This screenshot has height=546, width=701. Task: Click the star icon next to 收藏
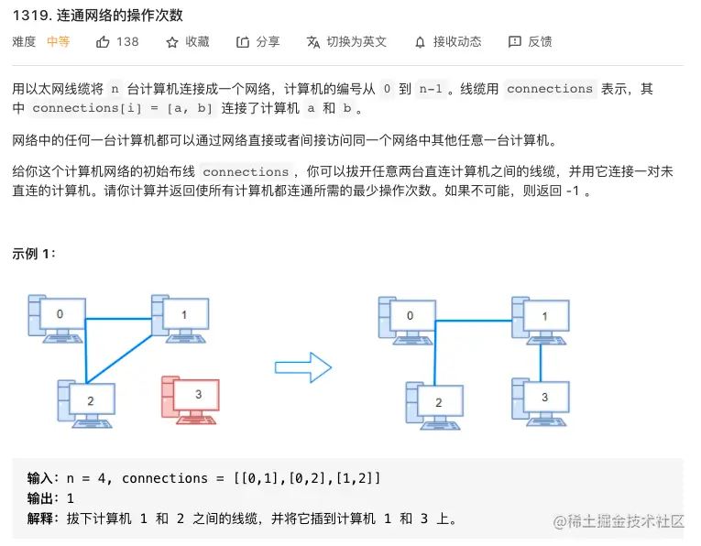(172, 42)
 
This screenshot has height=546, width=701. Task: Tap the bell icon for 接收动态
(420, 42)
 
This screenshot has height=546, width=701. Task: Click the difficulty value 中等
(58, 42)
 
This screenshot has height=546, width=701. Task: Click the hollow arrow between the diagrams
(303, 369)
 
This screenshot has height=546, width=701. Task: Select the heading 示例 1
(34, 254)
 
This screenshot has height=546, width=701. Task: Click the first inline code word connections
(549, 89)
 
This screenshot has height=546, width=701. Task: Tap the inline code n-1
(431, 89)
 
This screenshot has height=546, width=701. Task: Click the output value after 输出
(71, 498)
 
